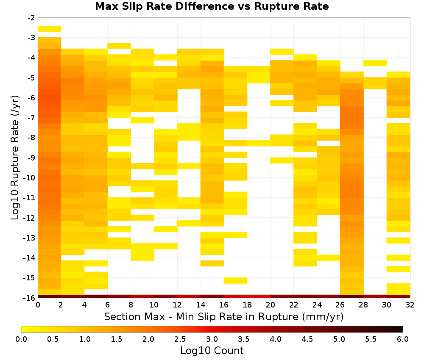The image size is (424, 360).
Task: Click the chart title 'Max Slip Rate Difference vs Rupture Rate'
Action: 212,6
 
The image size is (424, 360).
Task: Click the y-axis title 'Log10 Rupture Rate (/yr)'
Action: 15,158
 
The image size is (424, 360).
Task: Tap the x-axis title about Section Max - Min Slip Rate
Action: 223,316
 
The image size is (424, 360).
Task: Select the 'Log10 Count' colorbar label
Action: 212,351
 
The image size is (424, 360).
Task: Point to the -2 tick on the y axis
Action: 31,18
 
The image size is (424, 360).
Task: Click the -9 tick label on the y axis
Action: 31,158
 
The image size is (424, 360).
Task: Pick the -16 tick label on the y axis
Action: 30,298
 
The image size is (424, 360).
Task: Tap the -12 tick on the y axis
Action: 30,218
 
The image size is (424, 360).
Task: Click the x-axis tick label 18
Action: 247,305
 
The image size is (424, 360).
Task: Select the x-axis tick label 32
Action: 410,305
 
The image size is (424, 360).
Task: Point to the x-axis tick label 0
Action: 38,305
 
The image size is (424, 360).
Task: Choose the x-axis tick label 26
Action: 340,305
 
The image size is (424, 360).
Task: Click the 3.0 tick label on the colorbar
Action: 212,339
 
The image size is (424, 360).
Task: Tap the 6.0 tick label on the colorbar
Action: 403,339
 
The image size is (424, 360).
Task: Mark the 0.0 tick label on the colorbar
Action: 21,339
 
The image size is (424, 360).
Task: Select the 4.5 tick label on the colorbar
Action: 307,339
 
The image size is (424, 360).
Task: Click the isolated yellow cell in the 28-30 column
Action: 375,63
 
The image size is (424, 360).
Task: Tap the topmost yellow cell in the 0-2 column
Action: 50,29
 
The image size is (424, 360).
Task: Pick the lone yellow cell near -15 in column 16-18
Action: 235,281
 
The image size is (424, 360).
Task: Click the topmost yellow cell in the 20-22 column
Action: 282,52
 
